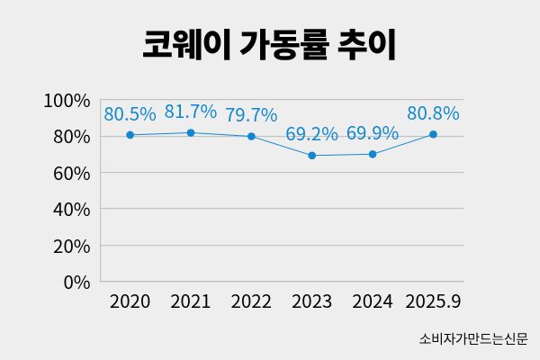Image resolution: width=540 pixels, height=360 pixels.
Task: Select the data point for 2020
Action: coord(130,135)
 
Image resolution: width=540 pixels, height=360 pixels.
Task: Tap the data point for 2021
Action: coord(191,132)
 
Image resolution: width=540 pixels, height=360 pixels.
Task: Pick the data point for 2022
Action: coord(251,136)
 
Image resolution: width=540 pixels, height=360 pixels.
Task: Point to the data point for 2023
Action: coord(311,155)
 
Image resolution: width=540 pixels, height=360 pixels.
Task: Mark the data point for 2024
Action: coord(373,154)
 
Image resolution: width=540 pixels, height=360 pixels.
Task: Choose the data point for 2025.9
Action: coord(433,134)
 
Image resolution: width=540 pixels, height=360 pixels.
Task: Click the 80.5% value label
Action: coord(130,114)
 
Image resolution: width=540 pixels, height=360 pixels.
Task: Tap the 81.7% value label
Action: coord(191,112)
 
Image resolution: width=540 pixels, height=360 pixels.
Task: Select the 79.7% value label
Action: coord(251,115)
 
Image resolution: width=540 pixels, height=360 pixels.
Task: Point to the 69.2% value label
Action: coord(311,134)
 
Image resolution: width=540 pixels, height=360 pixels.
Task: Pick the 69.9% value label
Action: coord(373,133)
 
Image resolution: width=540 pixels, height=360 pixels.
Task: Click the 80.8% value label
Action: coord(433,113)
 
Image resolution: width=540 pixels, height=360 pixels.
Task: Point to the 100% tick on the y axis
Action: coord(67,100)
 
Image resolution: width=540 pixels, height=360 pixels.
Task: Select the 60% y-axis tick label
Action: coord(71,173)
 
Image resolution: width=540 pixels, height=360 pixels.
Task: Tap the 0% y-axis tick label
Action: coord(76,282)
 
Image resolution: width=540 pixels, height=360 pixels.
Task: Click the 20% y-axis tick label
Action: coord(71,246)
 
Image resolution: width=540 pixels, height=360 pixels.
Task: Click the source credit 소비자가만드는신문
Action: coord(472,339)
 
